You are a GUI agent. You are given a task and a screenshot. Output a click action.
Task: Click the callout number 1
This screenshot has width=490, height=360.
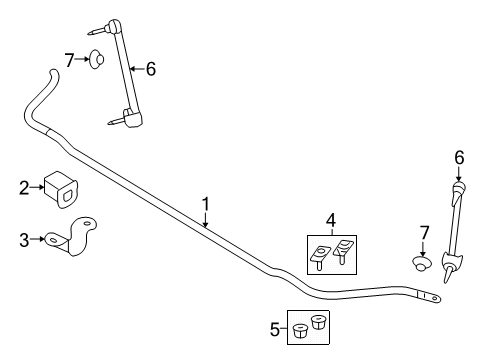206,204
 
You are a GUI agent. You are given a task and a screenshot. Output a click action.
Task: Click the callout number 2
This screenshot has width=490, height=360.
24,188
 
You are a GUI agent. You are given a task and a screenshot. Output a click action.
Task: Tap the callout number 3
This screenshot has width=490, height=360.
24,240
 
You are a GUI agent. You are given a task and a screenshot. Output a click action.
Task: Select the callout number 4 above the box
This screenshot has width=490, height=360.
331,221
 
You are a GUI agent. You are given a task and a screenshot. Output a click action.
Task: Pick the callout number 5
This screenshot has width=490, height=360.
275,330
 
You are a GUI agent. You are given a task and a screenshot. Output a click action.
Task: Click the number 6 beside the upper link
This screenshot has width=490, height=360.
151,69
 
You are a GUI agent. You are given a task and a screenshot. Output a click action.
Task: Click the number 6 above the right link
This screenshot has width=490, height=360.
459,158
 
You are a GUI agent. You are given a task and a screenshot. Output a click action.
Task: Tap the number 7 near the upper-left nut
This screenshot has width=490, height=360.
69,60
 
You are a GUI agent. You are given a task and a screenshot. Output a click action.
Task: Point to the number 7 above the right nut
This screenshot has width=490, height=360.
424,233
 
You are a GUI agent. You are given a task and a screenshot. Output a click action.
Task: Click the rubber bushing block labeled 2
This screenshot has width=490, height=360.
61,190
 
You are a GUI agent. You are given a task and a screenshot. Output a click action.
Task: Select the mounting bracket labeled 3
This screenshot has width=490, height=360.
71,237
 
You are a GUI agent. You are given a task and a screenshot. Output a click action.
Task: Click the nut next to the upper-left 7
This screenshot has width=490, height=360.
96,59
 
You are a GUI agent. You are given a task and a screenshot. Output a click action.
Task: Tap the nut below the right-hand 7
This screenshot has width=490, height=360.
422,262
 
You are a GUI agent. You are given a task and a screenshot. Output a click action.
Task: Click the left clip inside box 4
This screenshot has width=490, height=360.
318,257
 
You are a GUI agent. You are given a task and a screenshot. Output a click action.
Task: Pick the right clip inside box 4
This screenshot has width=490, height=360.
342,251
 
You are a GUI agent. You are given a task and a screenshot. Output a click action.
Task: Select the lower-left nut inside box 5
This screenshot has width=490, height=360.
300,330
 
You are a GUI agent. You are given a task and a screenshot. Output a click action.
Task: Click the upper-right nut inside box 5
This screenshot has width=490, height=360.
319,322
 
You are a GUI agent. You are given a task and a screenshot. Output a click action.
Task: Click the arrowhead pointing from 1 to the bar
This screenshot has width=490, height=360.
206,225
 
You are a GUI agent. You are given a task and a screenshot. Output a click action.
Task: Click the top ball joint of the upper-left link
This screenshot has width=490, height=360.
113,25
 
